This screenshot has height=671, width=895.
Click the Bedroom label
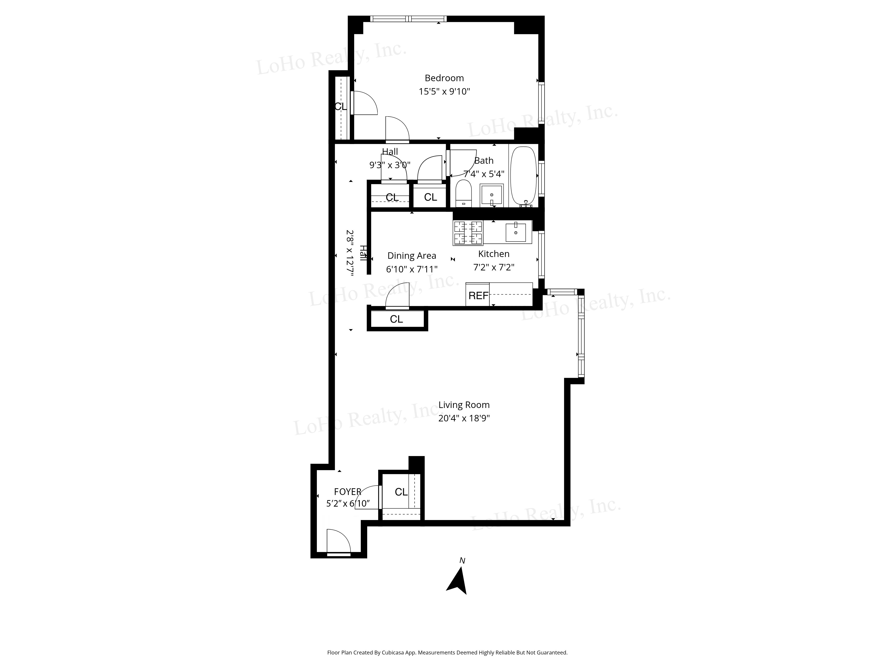tap(444, 78)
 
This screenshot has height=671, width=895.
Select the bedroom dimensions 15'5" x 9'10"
tap(444, 91)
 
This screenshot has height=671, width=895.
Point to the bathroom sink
tap(491, 195)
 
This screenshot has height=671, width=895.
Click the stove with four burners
tap(468, 233)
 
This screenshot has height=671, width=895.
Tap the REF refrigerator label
tap(478, 296)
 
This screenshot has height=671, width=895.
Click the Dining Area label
tap(411, 256)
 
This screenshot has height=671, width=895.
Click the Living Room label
tap(464, 405)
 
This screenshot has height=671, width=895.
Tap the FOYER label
tap(347, 492)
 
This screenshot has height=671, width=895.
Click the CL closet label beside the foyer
tap(401, 492)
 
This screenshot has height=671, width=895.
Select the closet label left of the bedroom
tap(340, 106)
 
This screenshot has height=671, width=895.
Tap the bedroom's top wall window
tap(408, 19)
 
